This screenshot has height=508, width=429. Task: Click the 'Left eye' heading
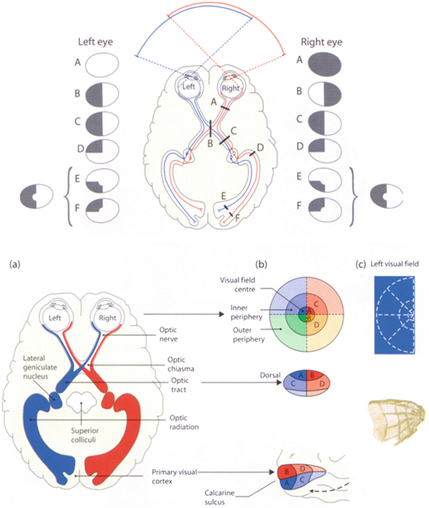(95, 44)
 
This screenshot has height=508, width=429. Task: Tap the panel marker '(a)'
(14, 264)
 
